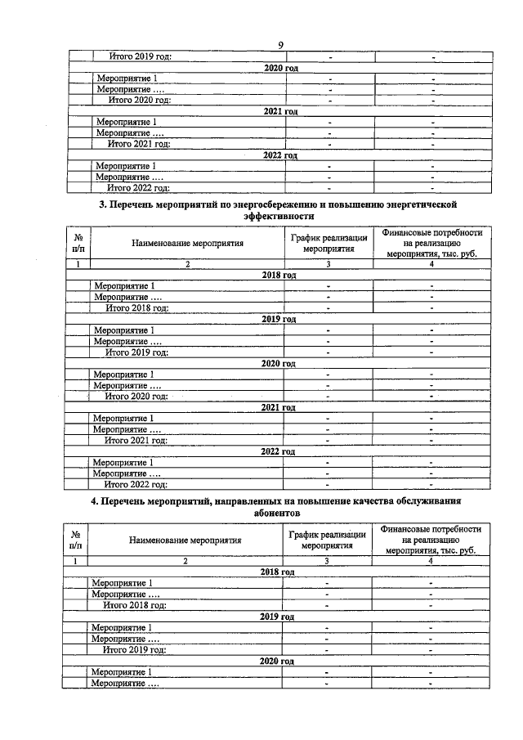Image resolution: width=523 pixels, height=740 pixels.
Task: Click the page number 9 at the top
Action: (279, 45)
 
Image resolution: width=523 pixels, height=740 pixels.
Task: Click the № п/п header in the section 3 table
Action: (78, 243)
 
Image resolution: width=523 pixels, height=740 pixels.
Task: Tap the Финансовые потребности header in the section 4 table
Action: (431, 530)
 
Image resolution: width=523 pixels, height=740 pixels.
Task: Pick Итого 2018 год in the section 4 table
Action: (135, 605)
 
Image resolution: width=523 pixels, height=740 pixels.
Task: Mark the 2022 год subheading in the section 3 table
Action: (278, 451)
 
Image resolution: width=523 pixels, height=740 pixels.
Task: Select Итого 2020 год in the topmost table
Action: (141, 100)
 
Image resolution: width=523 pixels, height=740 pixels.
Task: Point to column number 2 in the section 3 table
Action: (187, 264)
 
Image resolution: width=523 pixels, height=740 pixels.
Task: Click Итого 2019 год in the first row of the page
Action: (141, 56)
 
